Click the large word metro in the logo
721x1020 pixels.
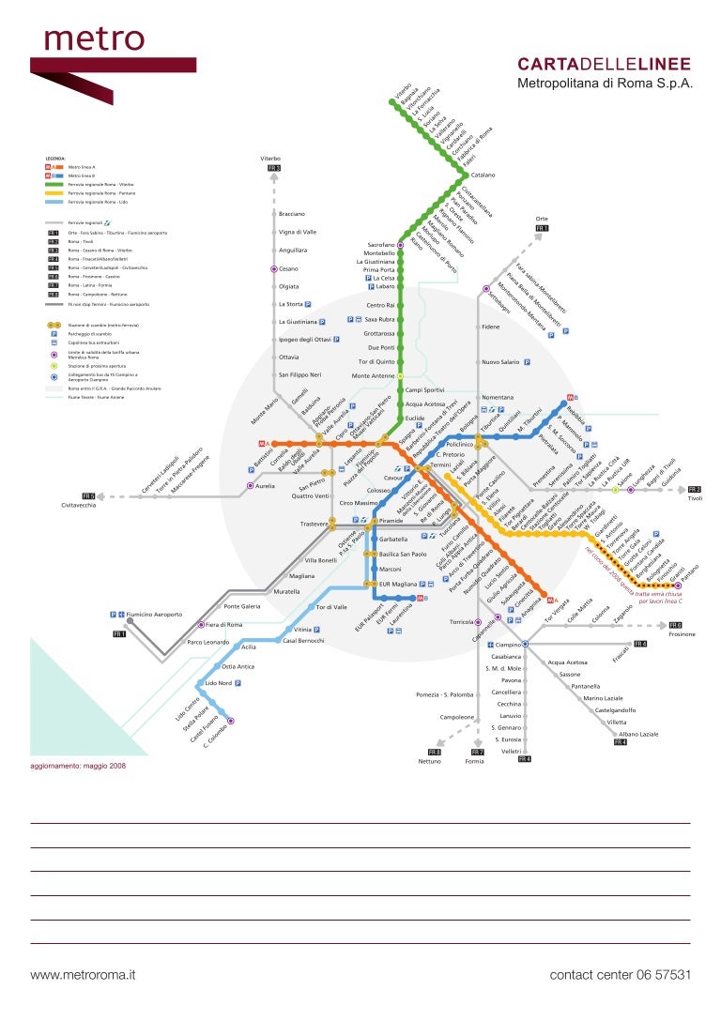coord(94,38)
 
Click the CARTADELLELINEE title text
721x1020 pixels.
coord(605,64)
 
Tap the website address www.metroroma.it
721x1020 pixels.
coord(84,975)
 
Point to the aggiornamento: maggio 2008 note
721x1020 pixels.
coord(78,766)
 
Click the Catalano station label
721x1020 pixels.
coord(483,175)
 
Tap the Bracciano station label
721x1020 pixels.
coord(292,214)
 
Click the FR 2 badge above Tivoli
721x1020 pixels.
coord(694,489)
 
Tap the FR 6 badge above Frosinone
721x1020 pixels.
coord(675,625)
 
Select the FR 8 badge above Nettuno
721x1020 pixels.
coord(434,752)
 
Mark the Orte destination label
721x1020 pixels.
coord(541,218)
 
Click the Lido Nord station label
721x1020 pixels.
coord(218,683)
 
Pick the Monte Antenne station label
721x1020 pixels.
coord(373,375)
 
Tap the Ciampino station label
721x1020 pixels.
coord(508,646)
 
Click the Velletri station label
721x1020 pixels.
coord(511,752)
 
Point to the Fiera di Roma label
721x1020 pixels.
coord(224,624)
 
